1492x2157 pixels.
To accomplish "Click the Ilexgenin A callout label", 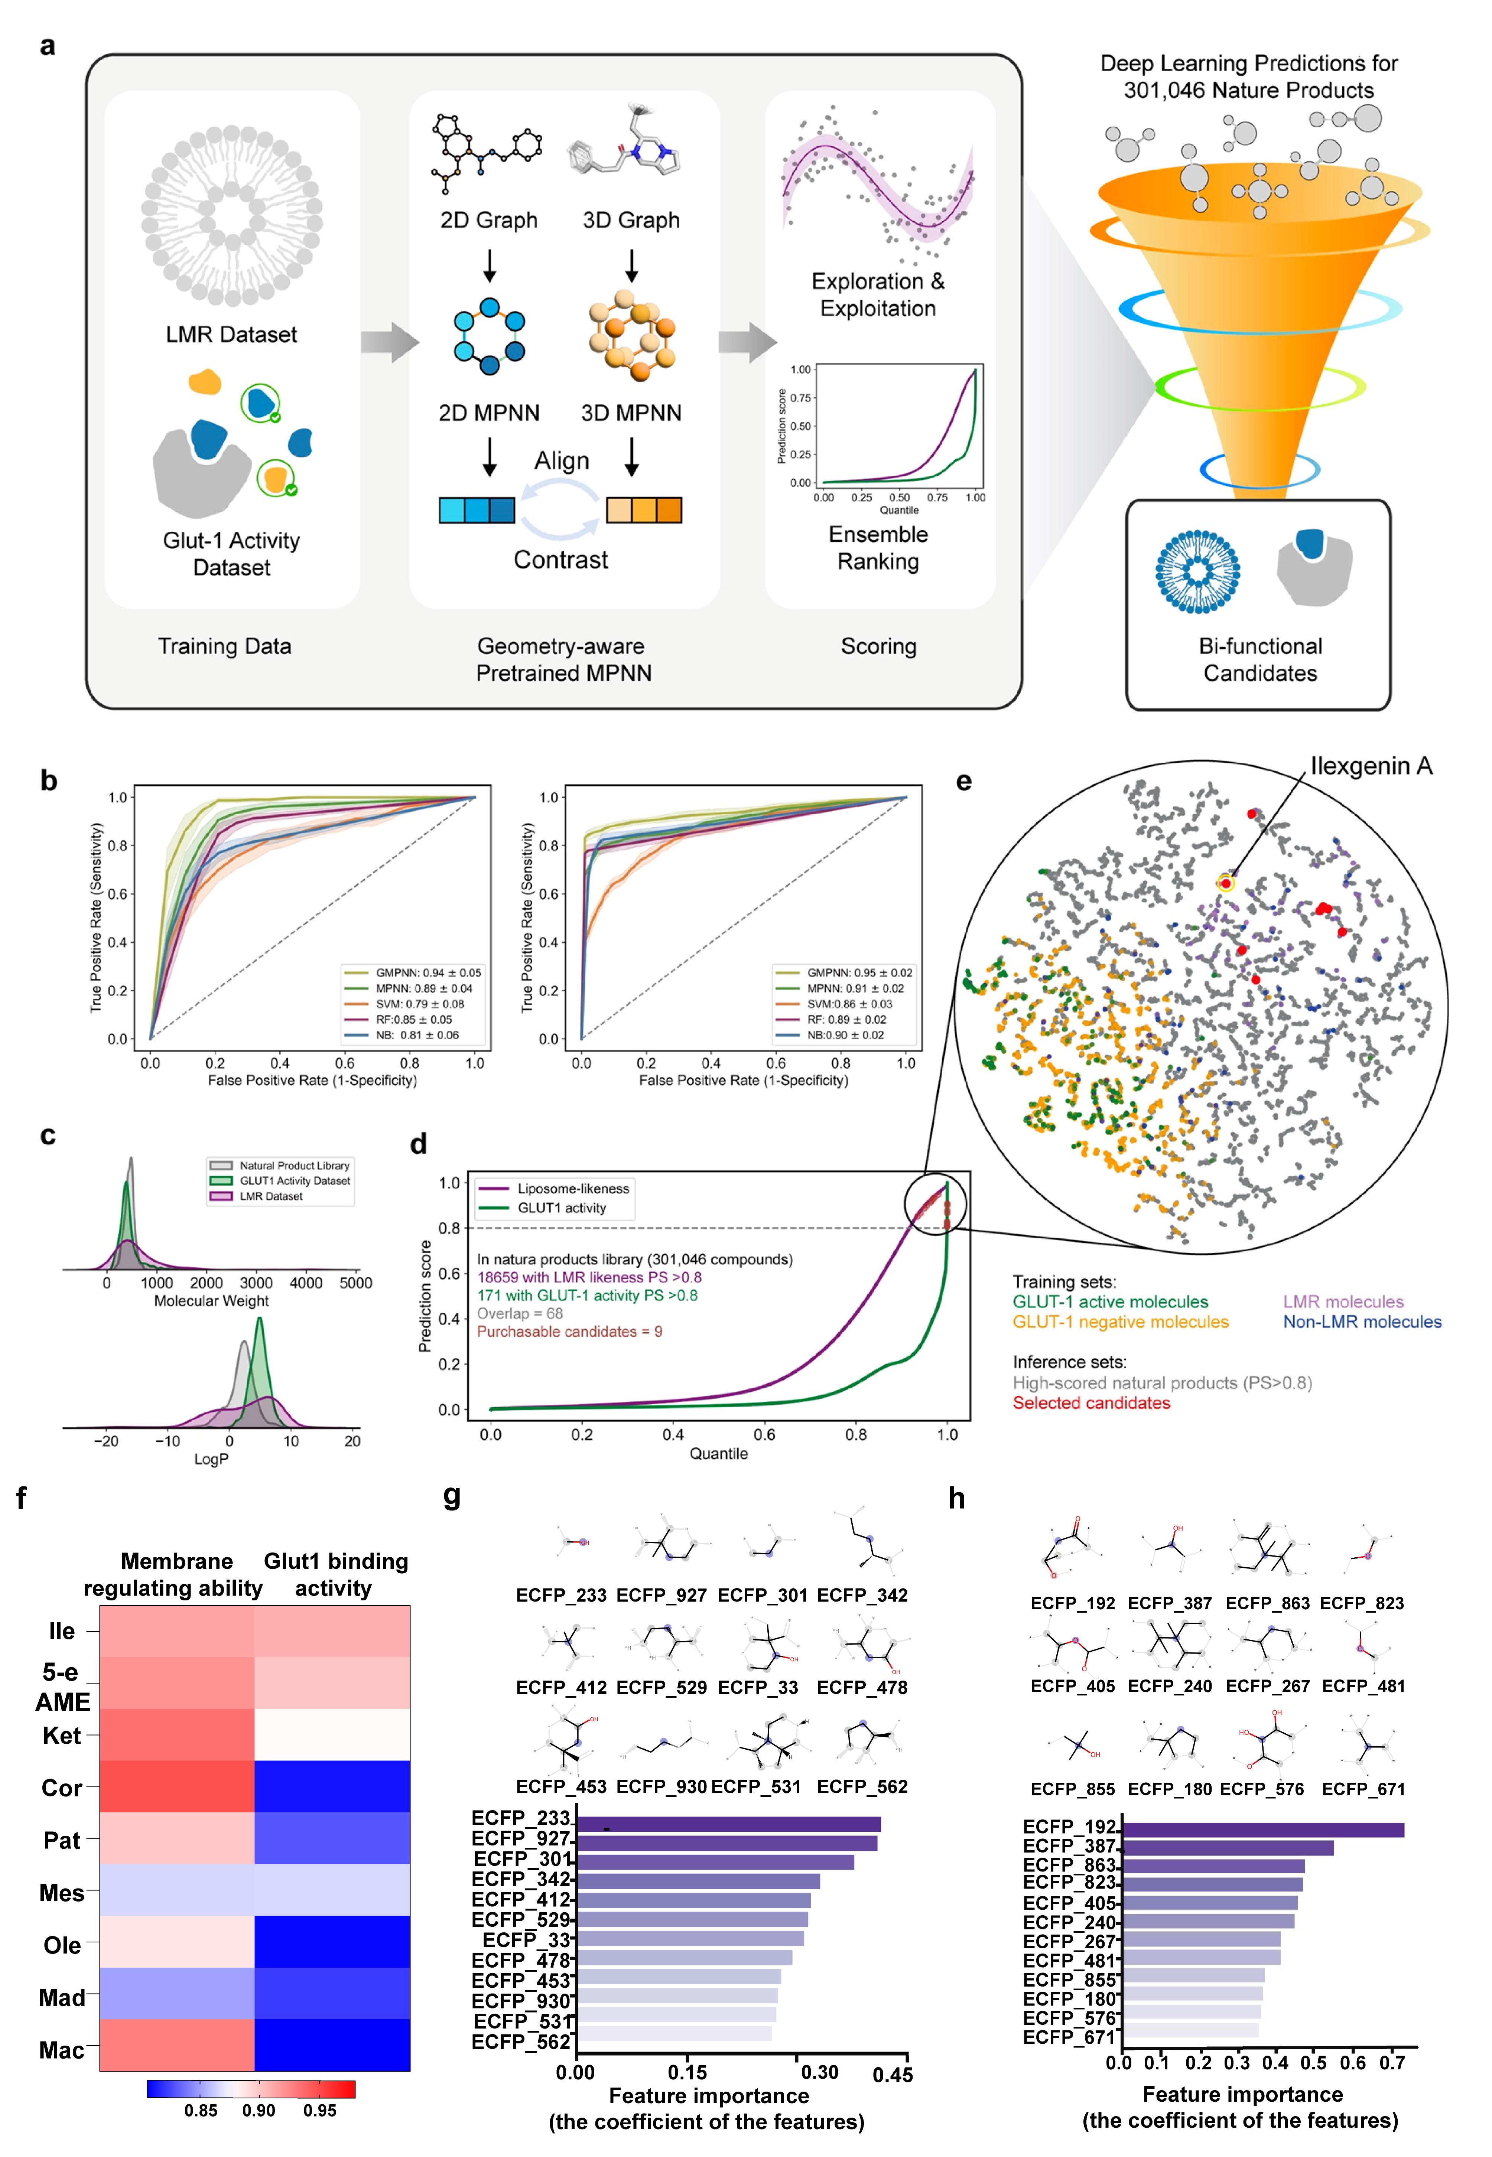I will [1371, 766].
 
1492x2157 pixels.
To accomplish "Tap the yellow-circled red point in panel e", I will [1226, 883].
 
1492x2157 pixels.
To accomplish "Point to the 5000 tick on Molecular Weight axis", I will [355, 1283].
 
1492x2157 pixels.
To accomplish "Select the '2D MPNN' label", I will [489, 413].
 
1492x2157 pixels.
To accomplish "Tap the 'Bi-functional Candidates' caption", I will [1260, 660].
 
